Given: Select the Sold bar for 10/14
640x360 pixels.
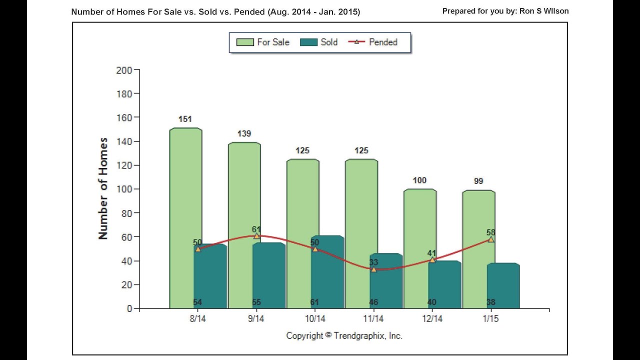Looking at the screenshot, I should [327, 275].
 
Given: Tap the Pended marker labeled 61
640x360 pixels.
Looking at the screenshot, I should [256, 235].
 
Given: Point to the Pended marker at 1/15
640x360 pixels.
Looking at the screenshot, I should [491, 239].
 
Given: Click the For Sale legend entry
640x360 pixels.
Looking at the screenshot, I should [262, 42].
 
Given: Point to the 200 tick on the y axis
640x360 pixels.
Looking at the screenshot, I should [123, 70].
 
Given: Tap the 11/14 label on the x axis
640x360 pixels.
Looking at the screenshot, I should [373, 318].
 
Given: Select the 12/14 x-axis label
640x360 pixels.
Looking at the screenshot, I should [432, 318].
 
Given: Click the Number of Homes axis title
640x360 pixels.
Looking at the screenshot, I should [103, 188].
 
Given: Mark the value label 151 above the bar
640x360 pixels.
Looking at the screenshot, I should [185, 119].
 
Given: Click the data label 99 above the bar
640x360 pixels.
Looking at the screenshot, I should [478, 181].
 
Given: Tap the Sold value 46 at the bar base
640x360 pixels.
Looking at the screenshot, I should [373, 302].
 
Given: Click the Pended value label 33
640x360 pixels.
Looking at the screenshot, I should [373, 262].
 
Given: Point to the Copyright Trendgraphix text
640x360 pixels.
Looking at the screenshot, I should [344, 335].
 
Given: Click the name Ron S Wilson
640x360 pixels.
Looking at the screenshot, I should [544, 11].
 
